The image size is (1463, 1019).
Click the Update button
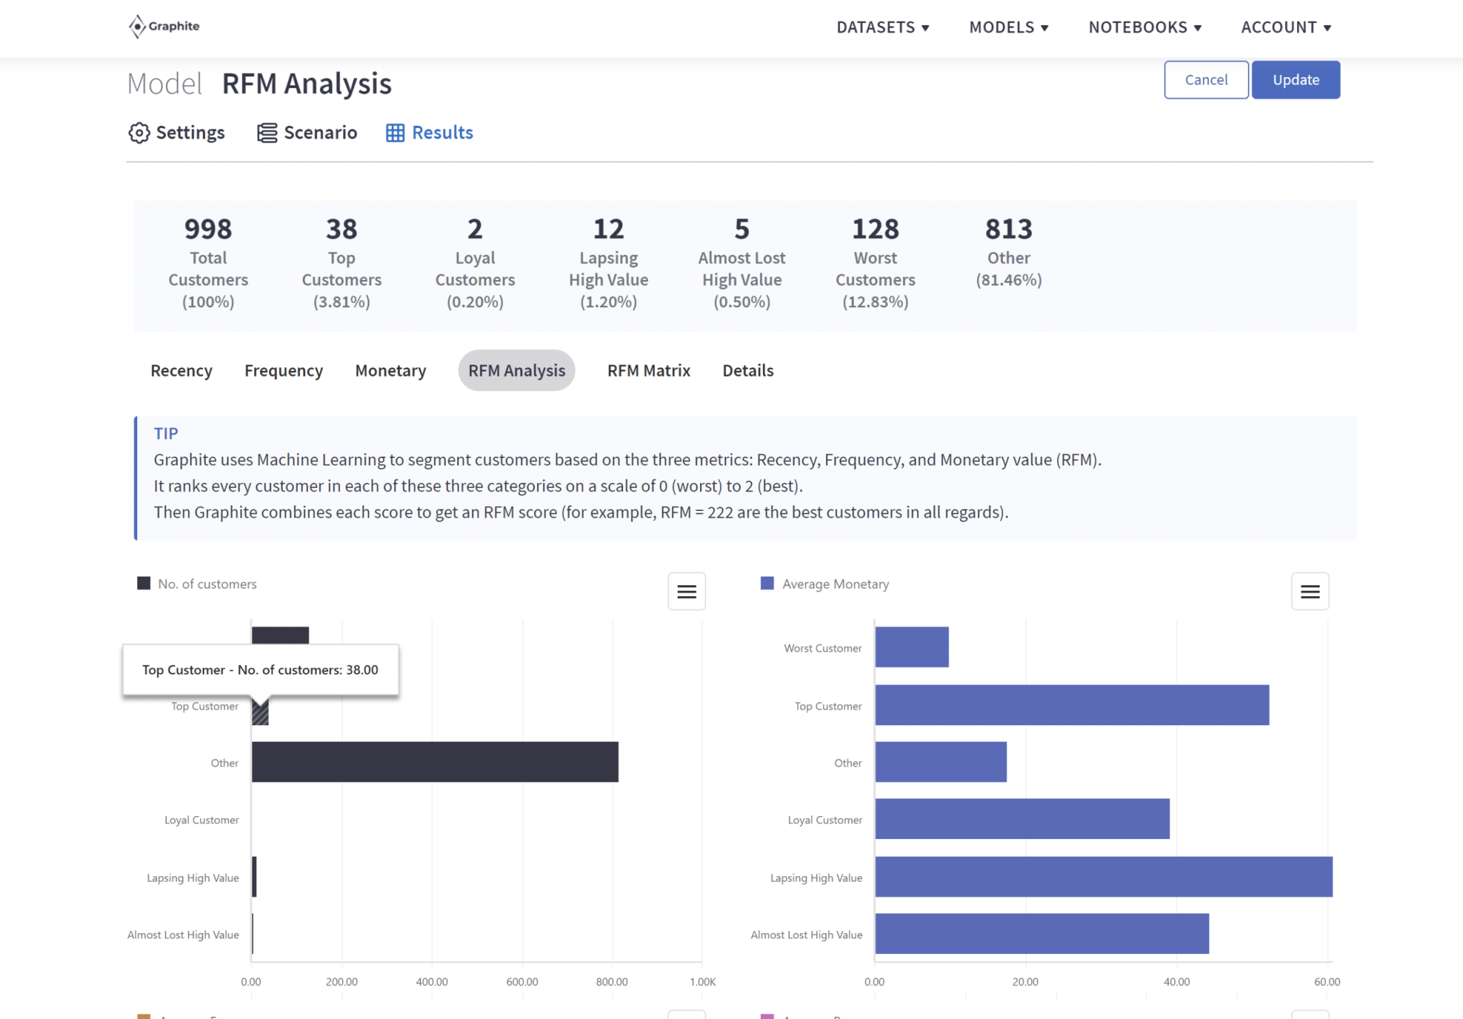[1295, 80]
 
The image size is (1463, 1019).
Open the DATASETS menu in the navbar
[882, 27]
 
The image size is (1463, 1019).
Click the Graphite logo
[164, 26]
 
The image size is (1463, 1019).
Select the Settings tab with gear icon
[176, 133]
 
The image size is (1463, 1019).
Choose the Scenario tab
[307, 133]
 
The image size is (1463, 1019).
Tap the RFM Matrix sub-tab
[649, 370]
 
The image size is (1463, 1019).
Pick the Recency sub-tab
[181, 370]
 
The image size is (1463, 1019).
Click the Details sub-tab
[748, 370]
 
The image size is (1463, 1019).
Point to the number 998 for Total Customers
[208, 229]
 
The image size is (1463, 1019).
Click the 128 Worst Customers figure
[875, 229]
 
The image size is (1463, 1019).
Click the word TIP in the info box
[166, 433]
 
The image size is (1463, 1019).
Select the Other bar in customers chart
[434, 762]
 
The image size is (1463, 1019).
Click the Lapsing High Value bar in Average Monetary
[1103, 877]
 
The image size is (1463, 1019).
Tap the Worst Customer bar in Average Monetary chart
[912, 647]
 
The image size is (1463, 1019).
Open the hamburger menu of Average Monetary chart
[1309, 592]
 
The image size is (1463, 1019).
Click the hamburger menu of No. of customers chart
[686, 592]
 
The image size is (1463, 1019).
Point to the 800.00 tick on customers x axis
[611, 982]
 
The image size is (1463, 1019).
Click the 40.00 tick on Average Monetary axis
[1177, 982]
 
